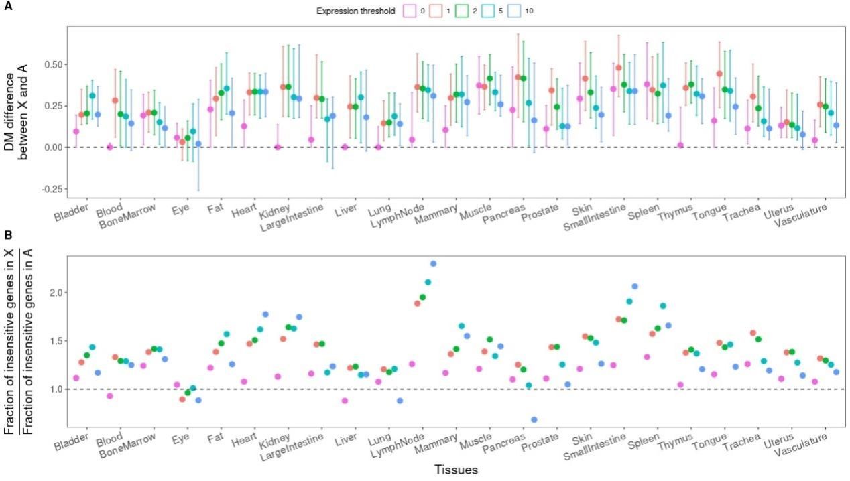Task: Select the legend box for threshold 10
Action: pos(518,11)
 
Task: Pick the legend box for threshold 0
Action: pos(409,11)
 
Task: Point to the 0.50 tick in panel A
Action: pos(54,64)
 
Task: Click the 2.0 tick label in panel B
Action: pos(56,293)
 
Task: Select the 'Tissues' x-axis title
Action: pos(455,470)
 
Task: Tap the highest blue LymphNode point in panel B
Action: pos(433,264)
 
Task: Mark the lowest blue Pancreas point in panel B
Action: pos(534,419)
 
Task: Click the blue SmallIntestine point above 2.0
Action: pos(635,287)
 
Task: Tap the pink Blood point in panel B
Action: pos(110,396)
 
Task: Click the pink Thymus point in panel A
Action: pos(680,145)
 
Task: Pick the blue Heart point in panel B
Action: pos(265,314)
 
